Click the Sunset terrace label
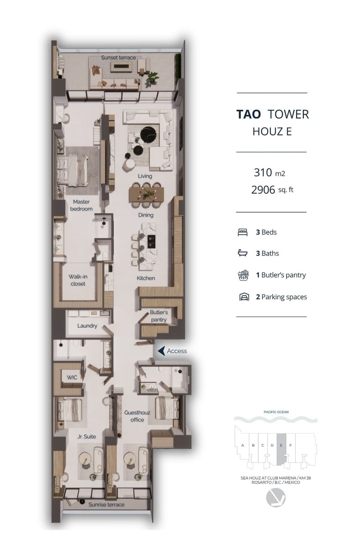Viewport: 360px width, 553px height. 118,58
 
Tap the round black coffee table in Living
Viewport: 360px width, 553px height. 149,134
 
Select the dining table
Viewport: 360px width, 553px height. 146,194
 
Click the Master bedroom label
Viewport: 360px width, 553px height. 81,205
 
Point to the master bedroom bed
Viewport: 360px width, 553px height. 72,170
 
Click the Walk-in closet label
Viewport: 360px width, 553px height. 78,280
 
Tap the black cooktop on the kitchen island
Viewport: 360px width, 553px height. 151,242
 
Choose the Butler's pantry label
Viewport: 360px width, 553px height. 158,316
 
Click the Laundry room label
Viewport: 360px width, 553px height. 87,326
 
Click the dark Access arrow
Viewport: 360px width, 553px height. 162,351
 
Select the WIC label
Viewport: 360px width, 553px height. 72,378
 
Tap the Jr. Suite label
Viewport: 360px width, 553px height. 87,437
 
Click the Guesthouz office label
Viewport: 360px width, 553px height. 137,416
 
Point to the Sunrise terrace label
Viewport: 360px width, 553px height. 106,505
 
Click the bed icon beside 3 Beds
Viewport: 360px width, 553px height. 243,232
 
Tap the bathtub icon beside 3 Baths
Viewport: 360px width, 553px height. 243,253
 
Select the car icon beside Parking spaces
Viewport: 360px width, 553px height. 244,296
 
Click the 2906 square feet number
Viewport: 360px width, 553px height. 263,190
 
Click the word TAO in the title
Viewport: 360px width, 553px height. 248,114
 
